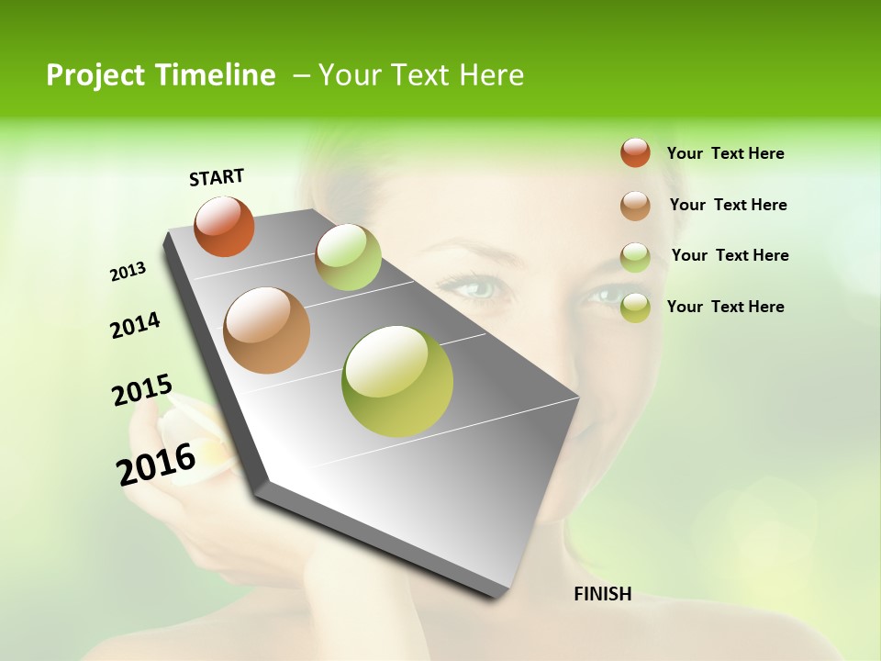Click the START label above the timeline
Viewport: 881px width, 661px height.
coord(217,177)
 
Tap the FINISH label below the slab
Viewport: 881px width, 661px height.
coord(602,594)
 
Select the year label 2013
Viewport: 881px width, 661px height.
coord(128,272)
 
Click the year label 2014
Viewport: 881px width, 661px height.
coord(135,325)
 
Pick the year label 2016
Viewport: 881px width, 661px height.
coord(156,464)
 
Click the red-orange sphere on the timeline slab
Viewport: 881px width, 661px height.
coord(224,226)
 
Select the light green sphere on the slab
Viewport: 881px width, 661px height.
coord(348,257)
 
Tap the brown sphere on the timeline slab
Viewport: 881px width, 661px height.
coord(267,330)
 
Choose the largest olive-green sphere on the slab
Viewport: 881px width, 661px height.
coord(397,381)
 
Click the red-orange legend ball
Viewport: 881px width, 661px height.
coord(635,152)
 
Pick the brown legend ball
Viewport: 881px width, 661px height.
coord(635,206)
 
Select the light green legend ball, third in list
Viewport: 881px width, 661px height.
coord(635,257)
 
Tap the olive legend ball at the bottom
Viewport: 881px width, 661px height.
coord(635,308)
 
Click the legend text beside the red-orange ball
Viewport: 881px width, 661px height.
coord(725,153)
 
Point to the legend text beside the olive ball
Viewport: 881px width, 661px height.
coord(725,307)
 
